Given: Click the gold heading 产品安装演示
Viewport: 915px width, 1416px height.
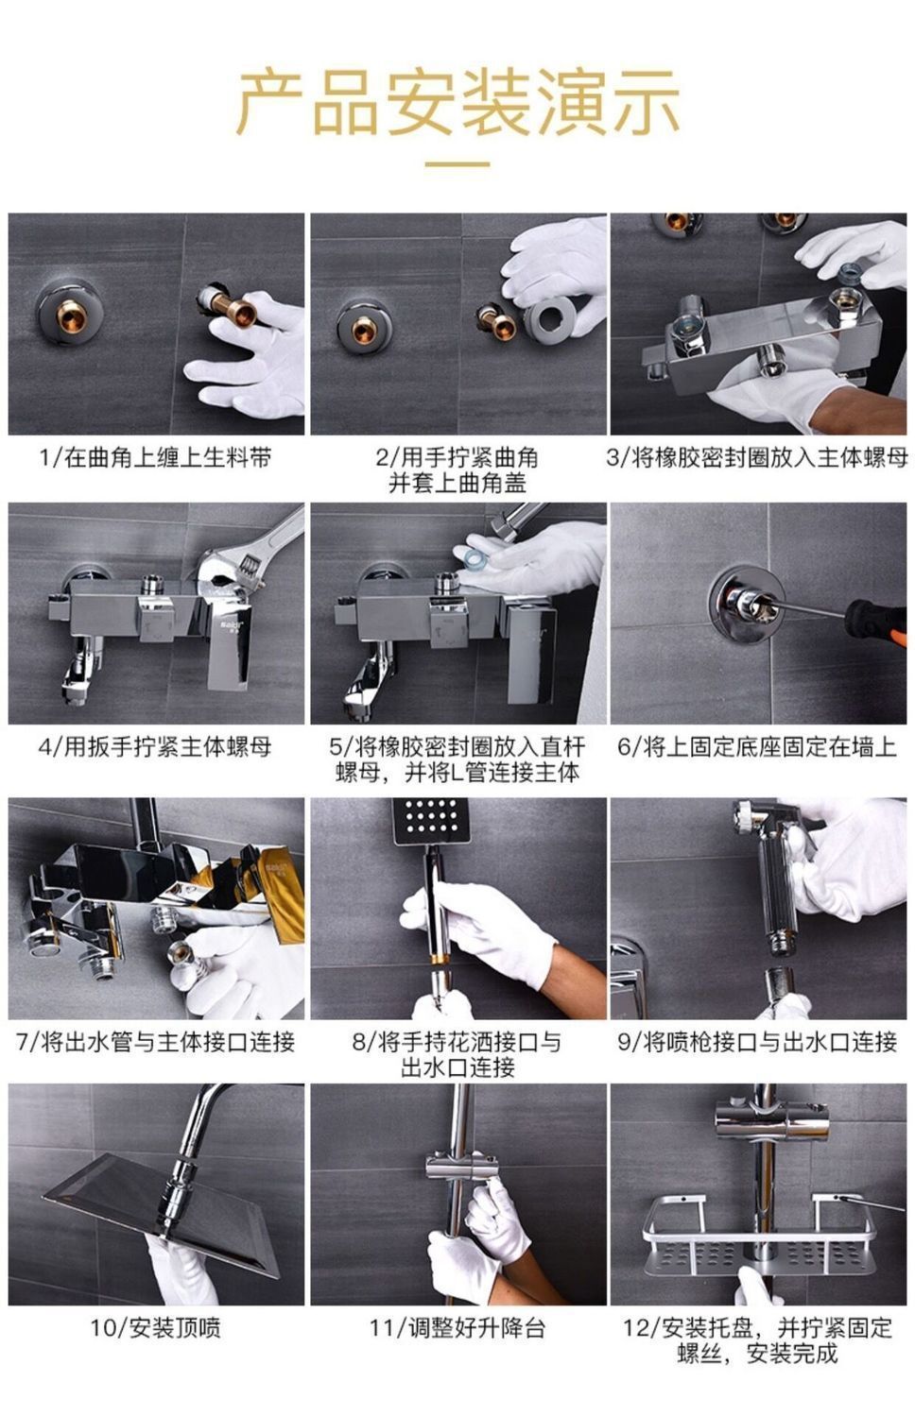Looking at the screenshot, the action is click(x=457, y=102).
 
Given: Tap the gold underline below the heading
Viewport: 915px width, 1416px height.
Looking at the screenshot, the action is click(x=457, y=163).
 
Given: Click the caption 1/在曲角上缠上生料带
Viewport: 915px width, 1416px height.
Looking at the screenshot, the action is click(x=156, y=457).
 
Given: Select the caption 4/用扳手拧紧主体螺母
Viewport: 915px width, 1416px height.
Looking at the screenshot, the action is click(x=155, y=746).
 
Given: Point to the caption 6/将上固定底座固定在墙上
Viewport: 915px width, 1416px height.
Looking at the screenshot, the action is click(x=757, y=746).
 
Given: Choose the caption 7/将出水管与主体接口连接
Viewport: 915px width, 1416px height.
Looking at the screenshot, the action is click(x=156, y=1042).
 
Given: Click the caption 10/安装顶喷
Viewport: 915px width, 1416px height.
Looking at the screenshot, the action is click(x=156, y=1328).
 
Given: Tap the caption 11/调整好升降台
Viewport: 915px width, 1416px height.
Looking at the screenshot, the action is click(x=457, y=1328).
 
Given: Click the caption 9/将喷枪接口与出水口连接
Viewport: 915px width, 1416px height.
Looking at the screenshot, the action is click(x=757, y=1042).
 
